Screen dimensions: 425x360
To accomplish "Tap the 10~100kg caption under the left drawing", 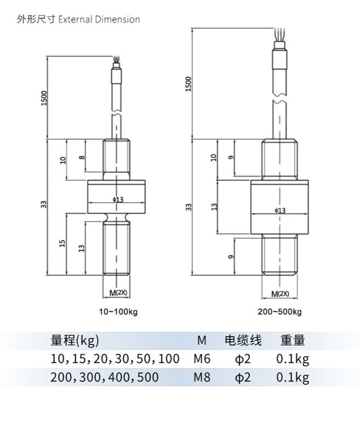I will (118, 312).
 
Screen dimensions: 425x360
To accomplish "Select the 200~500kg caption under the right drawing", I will (279, 312).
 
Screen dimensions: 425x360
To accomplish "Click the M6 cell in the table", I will (202, 359).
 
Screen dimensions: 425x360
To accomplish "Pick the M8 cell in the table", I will (202, 377).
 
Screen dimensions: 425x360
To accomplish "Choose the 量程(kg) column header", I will (75, 341).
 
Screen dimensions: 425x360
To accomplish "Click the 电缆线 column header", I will (243, 341).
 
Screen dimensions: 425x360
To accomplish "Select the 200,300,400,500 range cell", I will (104, 377).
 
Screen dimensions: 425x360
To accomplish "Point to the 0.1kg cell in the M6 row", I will (293, 359).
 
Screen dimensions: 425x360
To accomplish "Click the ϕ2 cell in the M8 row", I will (243, 377).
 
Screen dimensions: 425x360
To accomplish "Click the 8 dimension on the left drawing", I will (82, 157).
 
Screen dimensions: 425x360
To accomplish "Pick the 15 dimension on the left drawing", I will (62, 242).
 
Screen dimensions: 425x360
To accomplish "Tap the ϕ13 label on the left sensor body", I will (117, 200).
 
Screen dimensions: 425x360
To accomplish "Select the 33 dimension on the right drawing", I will (188, 207).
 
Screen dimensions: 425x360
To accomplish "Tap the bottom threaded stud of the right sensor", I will (280, 255).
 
